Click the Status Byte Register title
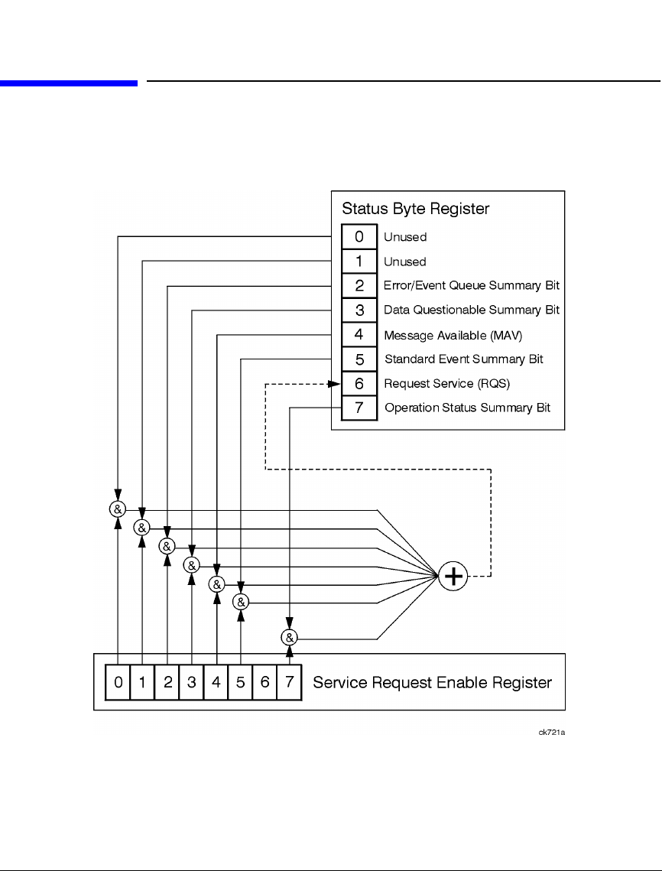pos(415,208)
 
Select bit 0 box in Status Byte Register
pos(359,237)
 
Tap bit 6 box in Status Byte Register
pos(359,383)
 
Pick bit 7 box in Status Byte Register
pos(359,408)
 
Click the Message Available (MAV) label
pos(453,334)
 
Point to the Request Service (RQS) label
pos(447,383)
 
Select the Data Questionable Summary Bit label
pos(472,310)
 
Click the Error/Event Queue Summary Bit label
pos(472,285)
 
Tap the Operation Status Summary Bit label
pos(467,408)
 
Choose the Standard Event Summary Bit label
pos(464,359)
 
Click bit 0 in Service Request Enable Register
pos(118,682)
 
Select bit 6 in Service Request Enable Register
pos(264,682)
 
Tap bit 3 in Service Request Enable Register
pos(191,682)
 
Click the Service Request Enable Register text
pos(433,682)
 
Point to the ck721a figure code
pos(551,732)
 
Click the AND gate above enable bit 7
pos(289,636)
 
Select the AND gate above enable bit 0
pos(118,509)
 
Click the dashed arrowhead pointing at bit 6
pos(335,383)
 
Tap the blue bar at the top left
pos(69,83)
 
